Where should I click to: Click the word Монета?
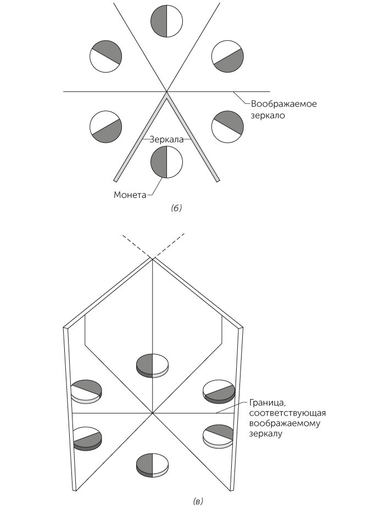coord(130,194)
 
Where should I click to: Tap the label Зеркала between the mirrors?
coord(167,140)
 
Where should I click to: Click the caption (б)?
coord(177,208)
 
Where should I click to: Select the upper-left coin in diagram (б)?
coord(105,56)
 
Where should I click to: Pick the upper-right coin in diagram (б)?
coord(227,56)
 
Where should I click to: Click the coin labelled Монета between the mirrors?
coord(166,162)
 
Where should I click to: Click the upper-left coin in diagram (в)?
coord(86,390)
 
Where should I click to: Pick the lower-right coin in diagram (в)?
coord(219,435)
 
